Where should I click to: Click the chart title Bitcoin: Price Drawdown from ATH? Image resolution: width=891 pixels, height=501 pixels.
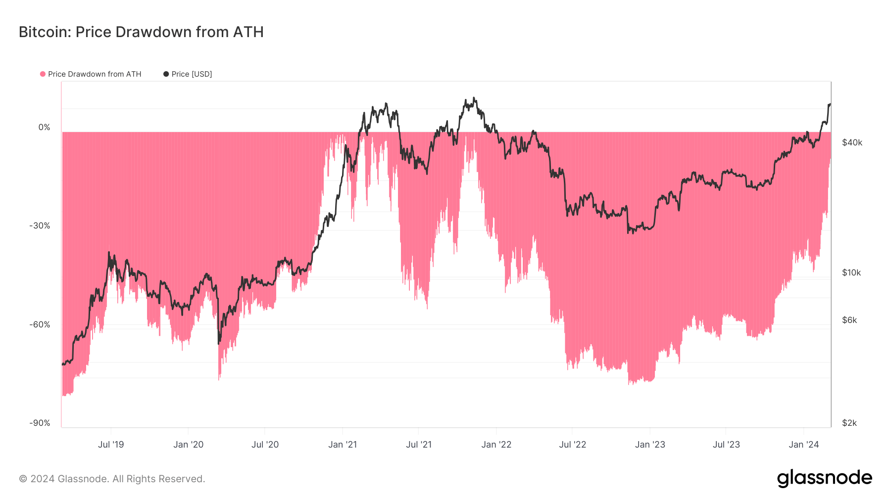pos(141,32)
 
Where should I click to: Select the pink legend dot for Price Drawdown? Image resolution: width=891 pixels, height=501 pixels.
pos(43,74)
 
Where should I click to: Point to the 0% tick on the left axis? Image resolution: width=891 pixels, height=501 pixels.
pos(45,128)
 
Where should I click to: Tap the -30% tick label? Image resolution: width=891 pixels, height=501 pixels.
pos(40,226)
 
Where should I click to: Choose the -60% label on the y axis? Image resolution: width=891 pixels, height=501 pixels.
pos(40,325)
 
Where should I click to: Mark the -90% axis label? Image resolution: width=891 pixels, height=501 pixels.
pos(40,423)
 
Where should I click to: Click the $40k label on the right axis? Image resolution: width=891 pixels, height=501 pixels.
pos(852,143)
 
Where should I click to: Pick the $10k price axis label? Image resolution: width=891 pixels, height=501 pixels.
pos(851,273)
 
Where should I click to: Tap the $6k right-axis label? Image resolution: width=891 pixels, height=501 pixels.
pos(849,320)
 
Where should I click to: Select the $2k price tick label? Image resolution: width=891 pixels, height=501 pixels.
pos(849,423)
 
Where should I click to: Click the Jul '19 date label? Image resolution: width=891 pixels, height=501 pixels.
pos(111,445)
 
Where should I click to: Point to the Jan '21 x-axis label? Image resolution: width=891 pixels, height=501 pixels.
pos(343,445)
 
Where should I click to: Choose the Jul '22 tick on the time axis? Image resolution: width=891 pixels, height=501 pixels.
pos(572,445)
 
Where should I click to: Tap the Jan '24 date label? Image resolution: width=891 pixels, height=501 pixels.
pos(803,445)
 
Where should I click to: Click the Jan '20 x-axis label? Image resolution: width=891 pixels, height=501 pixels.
pos(188,445)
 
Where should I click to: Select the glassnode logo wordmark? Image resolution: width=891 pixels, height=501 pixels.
pos(824,478)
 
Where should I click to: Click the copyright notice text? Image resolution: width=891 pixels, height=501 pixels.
pos(112,479)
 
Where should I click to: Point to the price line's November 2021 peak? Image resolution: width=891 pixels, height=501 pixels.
pos(474,98)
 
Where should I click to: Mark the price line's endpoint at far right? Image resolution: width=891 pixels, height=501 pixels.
pos(830,104)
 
